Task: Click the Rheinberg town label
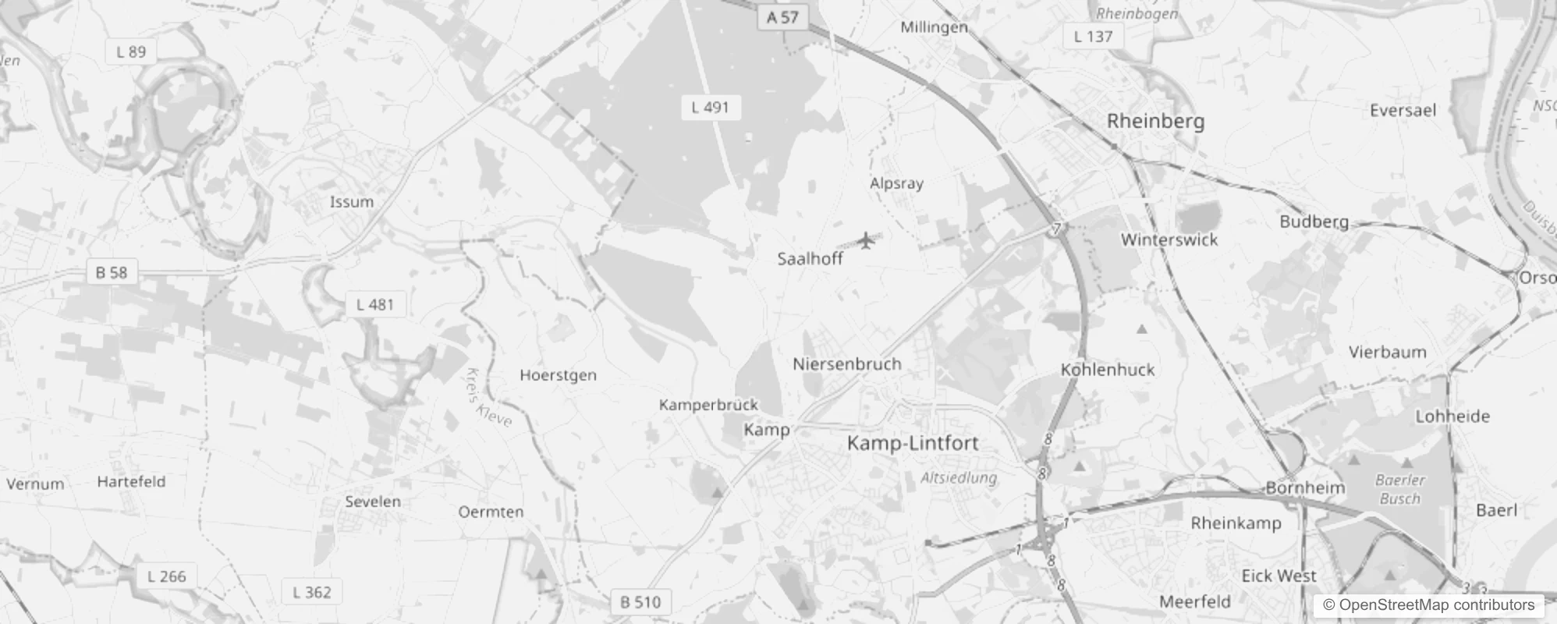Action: pos(1155,121)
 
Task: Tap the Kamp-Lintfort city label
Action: pos(912,443)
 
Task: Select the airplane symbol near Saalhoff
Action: pos(866,240)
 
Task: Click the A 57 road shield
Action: pos(782,17)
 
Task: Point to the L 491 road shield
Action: pos(709,108)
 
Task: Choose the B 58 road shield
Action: pos(111,272)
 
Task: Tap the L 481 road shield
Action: pos(374,304)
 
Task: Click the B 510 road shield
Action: pos(640,602)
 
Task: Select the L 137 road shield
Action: pos(1093,36)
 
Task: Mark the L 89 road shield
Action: pos(130,51)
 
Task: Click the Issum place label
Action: pos(351,202)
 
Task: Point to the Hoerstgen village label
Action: pos(558,375)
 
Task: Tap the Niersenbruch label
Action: pos(846,364)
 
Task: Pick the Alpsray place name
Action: pos(896,183)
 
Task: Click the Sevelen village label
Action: pos(373,502)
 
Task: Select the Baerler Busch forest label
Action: pos(1400,489)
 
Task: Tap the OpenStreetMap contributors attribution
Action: pos(1428,605)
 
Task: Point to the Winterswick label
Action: pos(1169,240)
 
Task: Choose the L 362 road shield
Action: pos(311,592)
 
